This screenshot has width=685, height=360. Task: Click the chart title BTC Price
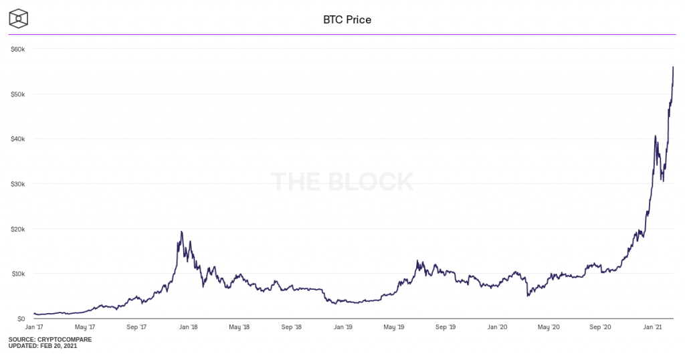347,19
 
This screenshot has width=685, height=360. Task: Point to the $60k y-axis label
17,49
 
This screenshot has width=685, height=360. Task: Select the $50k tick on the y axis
17,94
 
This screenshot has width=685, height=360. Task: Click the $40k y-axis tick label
17,139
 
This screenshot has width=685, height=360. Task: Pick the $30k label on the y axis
17,183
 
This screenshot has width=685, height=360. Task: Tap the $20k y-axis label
17,229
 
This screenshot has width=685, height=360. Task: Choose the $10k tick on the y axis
17,274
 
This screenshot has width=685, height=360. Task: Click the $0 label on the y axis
21,319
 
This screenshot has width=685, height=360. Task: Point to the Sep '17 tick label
136,327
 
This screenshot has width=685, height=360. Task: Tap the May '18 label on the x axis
239,327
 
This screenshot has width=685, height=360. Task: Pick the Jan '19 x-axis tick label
342,327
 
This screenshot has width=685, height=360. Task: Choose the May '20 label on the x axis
549,327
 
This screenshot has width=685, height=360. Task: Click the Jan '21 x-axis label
652,327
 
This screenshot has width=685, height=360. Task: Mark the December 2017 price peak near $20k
181,232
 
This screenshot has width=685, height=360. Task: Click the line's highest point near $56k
672,67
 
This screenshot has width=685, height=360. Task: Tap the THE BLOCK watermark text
342,181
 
